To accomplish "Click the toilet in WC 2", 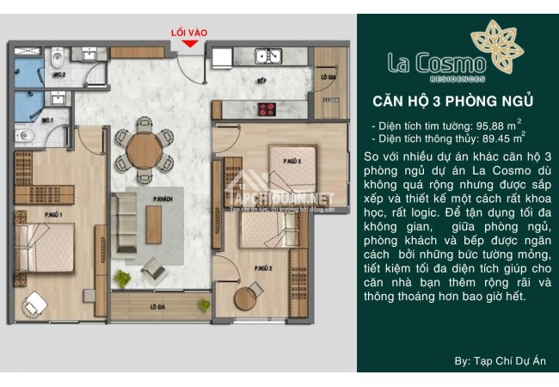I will pos(55,60).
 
